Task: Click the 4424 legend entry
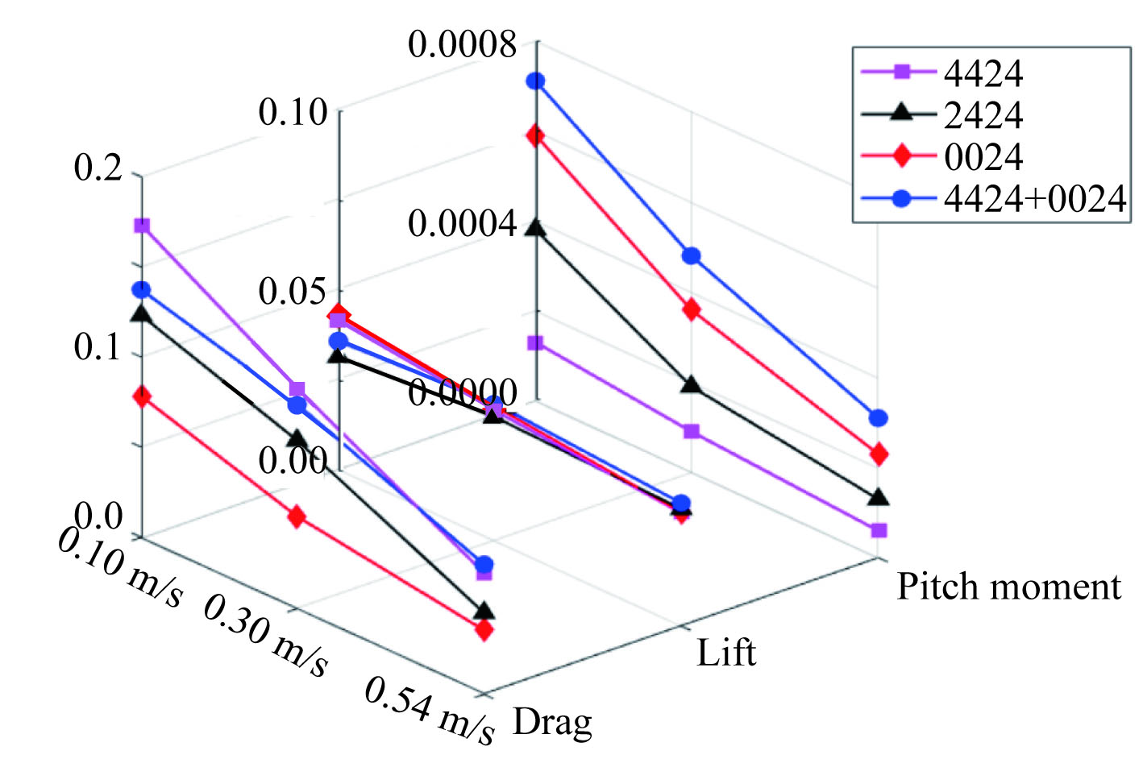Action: point(983,73)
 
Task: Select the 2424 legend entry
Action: point(983,115)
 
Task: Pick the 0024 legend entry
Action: point(983,156)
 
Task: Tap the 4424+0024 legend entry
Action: point(1034,197)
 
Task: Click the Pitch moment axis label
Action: point(1008,587)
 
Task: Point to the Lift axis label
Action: point(726,653)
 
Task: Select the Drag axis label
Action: point(552,722)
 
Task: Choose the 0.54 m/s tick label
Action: point(429,706)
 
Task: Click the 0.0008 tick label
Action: point(462,44)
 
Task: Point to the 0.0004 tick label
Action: point(462,223)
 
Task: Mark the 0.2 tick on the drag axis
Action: point(98,168)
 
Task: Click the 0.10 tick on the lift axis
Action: point(293,111)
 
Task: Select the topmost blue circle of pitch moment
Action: point(536,81)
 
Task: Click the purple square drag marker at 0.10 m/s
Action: point(142,226)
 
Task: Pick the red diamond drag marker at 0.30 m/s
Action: point(297,516)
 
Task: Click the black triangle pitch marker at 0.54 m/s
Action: point(879,497)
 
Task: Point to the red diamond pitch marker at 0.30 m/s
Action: point(692,309)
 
